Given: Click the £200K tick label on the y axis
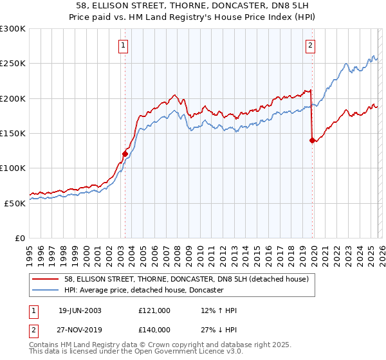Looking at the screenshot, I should pyautogui.click(x=13, y=99).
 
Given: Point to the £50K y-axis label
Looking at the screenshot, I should pyautogui.click(x=15, y=203).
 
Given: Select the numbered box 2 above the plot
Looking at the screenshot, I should pyautogui.click(x=310, y=45).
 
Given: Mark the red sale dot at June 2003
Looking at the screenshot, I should pyautogui.click(x=125, y=154).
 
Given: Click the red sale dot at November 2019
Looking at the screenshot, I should pyautogui.click(x=312, y=140).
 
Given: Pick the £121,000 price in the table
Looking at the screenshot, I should pyautogui.click(x=154, y=310).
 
